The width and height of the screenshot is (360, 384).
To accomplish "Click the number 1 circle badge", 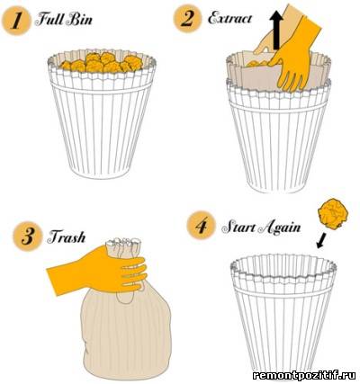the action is tap(16, 21).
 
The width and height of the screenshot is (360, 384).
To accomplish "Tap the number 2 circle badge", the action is tap(188, 18).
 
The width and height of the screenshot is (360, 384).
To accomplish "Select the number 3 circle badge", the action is tap(27, 237).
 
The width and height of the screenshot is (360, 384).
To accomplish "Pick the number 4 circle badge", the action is tap(201, 226).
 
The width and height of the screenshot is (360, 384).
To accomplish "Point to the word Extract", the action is tap(229, 18).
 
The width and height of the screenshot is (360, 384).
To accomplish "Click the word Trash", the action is tap(67, 237).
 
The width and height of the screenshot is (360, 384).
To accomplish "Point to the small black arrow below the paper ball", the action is tap(322, 240).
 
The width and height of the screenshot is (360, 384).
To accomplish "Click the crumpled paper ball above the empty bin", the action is tap(333, 213).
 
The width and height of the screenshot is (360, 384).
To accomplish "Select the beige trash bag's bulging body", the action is tap(126, 333).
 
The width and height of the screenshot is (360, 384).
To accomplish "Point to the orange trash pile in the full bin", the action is tap(102, 63).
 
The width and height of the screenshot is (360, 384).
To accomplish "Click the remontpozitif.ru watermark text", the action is tap(304, 375).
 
